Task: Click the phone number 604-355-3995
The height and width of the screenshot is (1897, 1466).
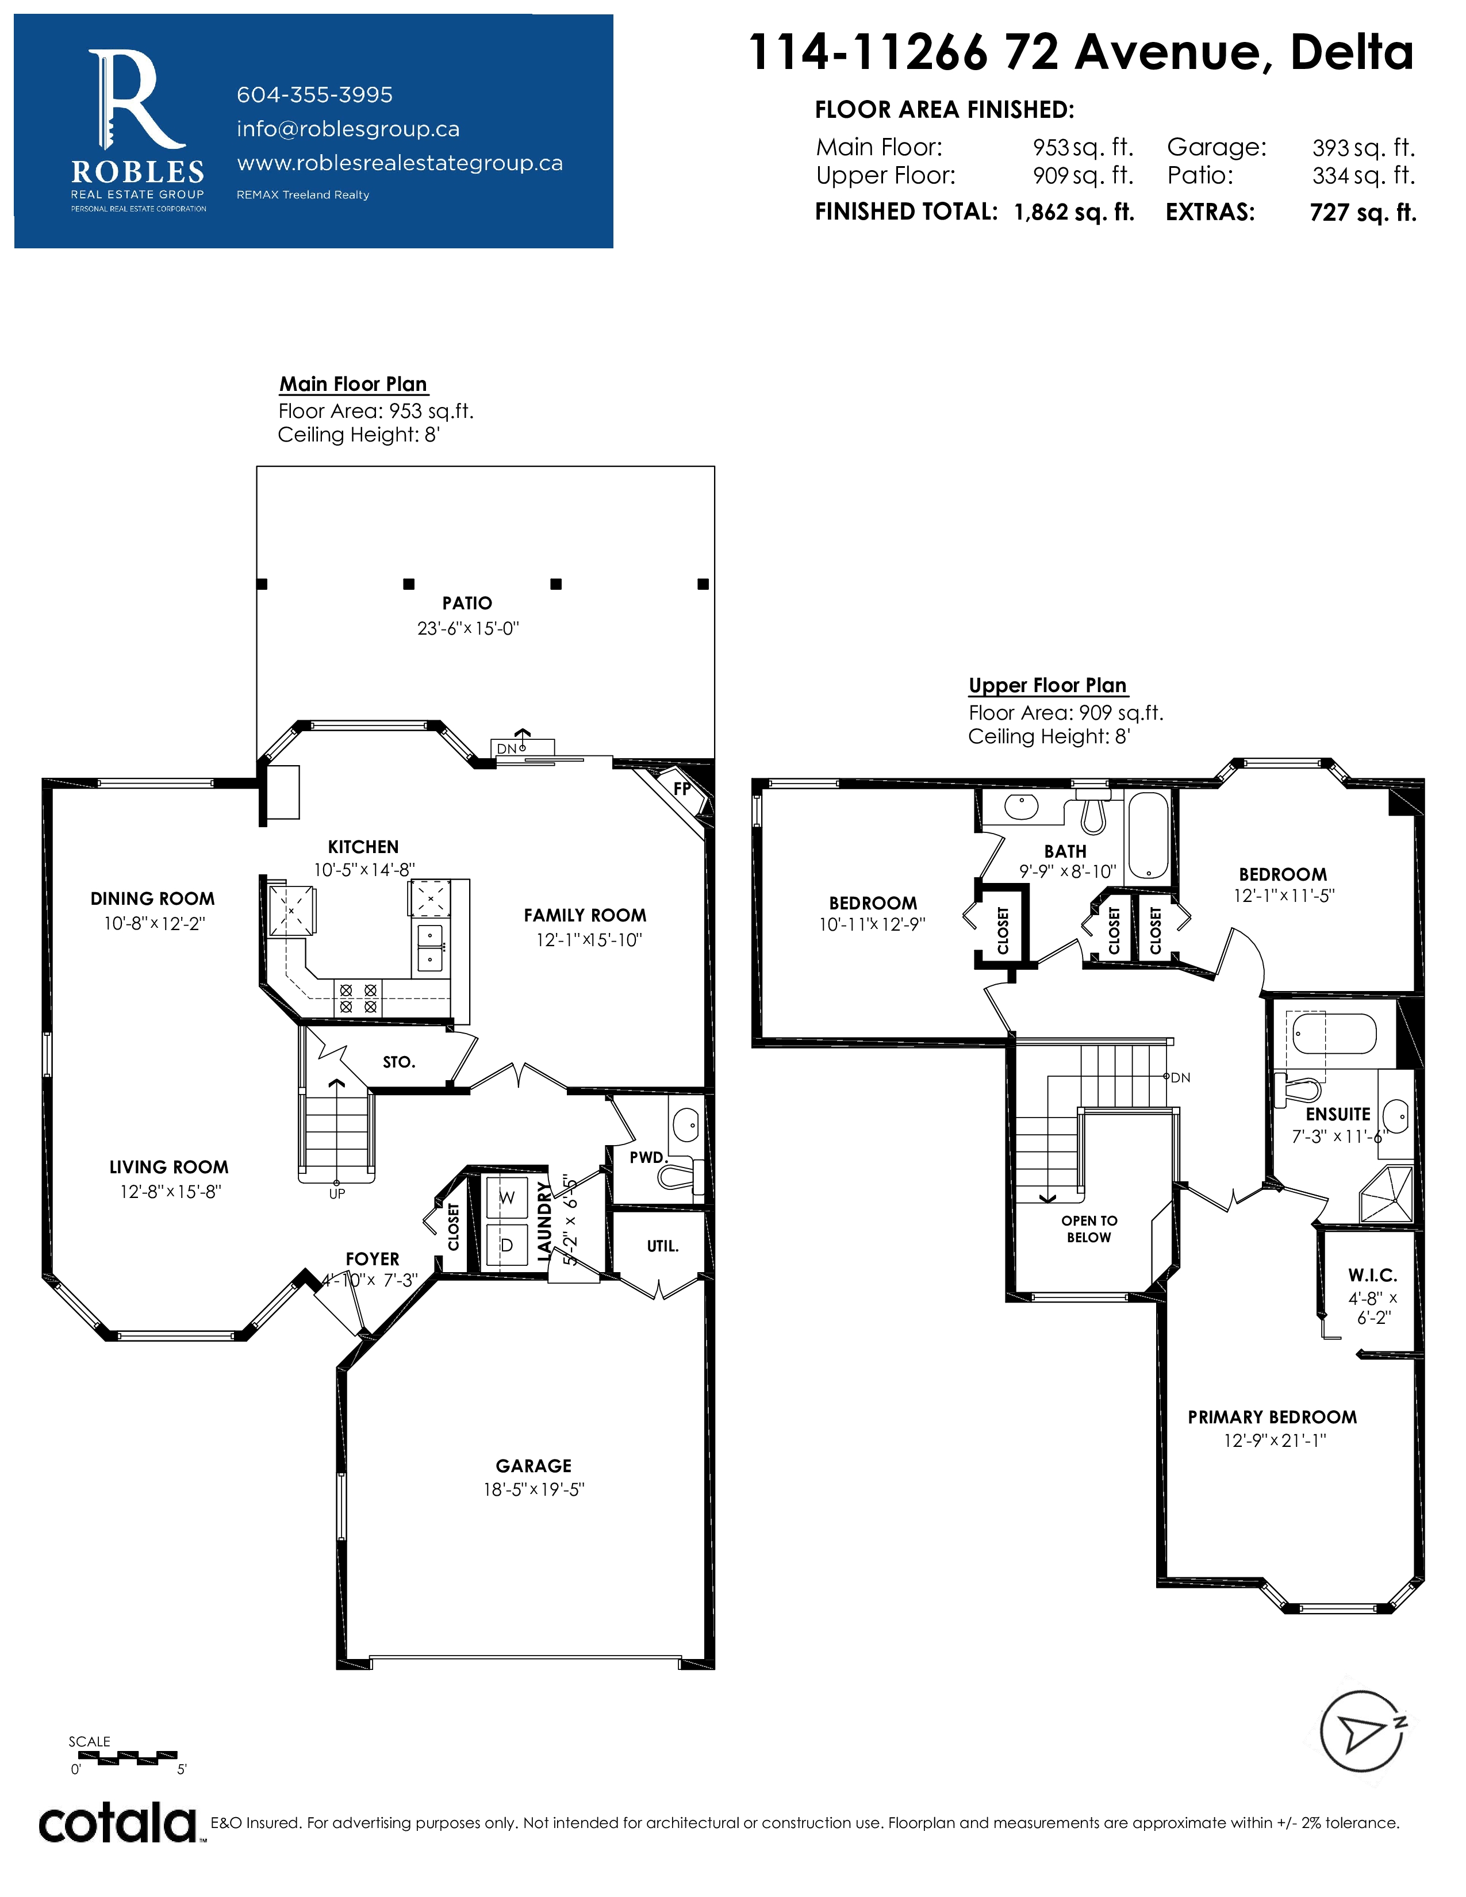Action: tap(314, 95)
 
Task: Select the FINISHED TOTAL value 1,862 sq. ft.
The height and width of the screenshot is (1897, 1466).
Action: tap(1074, 213)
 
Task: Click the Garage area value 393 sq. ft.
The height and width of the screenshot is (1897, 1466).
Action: tap(1364, 148)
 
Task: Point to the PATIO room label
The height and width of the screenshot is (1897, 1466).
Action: tap(467, 603)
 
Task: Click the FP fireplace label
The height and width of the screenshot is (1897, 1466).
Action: tap(682, 789)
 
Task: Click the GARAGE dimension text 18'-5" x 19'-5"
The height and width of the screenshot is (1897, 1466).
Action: tap(534, 1489)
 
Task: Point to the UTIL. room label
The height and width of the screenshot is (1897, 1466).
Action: tap(663, 1246)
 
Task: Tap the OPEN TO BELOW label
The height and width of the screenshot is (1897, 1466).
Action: tap(1089, 1229)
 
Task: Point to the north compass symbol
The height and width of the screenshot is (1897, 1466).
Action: tap(1362, 1731)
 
